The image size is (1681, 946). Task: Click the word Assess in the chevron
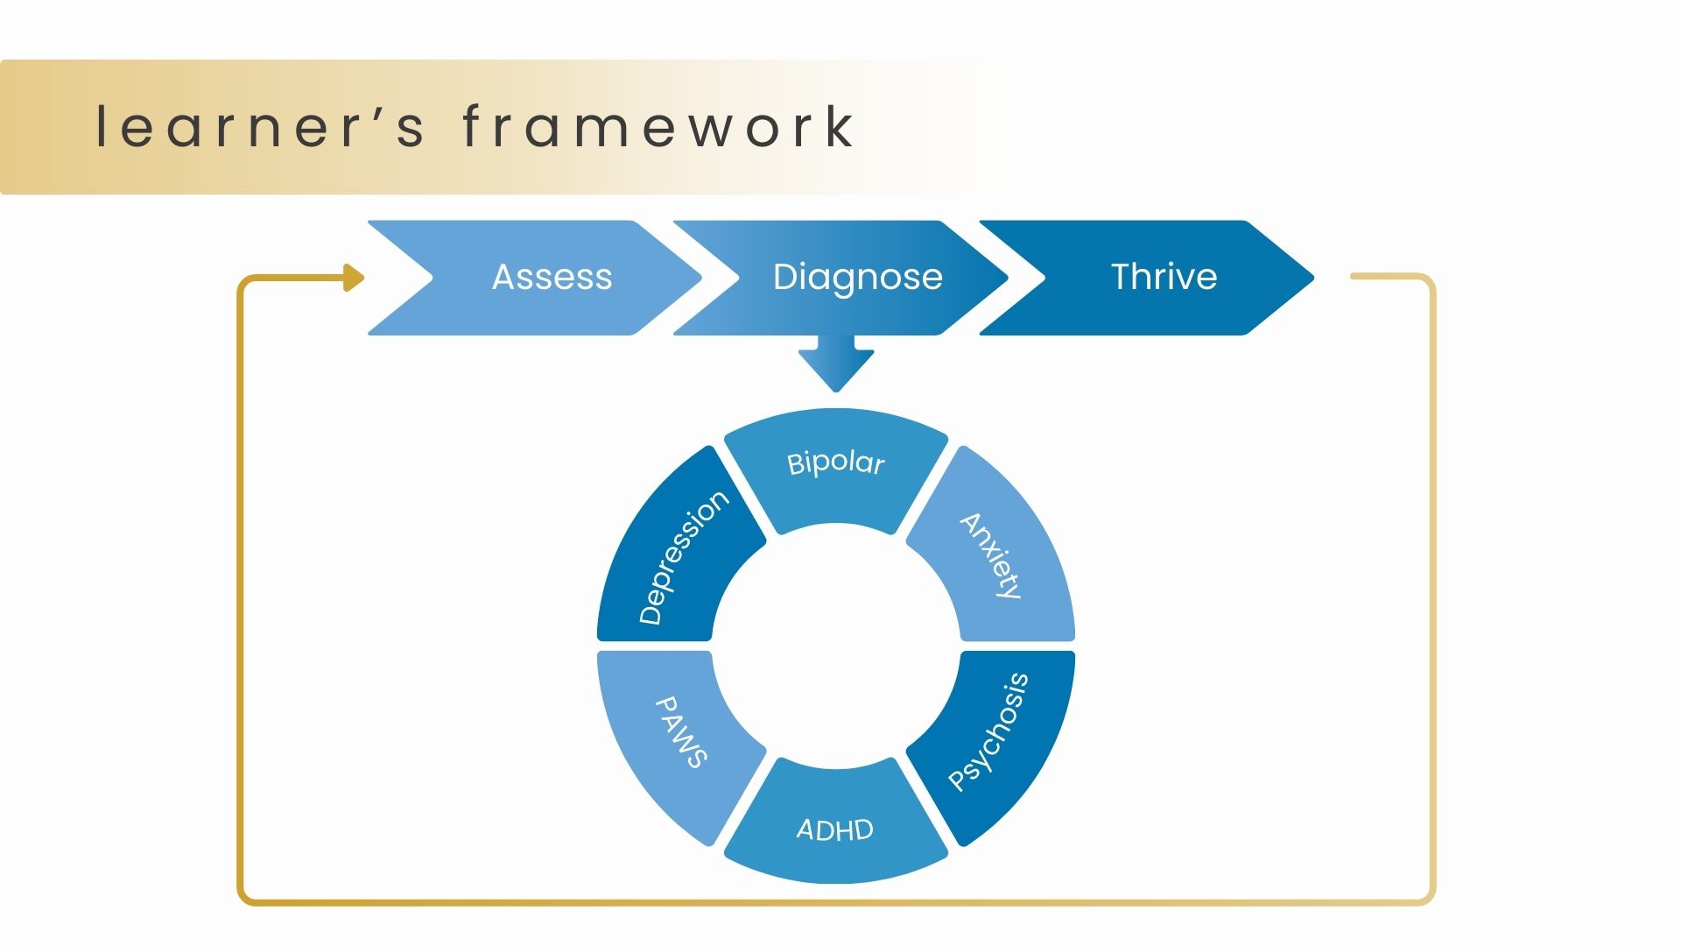point(552,277)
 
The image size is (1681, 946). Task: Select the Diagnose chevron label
point(858,277)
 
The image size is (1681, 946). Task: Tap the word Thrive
point(1164,277)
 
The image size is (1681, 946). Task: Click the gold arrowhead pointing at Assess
point(354,278)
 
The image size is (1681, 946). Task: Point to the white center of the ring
point(836,646)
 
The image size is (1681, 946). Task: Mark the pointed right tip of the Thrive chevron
point(1314,278)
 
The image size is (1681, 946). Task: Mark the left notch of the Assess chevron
point(433,278)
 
